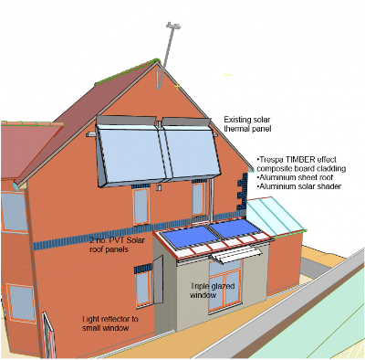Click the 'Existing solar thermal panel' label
[247, 124]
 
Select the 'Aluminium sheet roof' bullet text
[295, 177]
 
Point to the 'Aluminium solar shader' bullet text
[299, 186]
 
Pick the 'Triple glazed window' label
[213, 291]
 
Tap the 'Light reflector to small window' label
[110, 323]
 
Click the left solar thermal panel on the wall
[131, 153]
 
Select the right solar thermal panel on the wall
[191, 148]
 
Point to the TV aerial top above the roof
[173, 26]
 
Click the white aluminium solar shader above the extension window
[236, 254]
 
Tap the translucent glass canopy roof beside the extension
[276, 216]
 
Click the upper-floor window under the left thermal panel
[141, 206]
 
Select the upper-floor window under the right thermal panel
[198, 198]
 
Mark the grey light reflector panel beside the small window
[158, 280]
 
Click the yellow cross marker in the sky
[228, 75]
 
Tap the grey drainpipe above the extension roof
[211, 200]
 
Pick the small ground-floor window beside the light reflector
[143, 289]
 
